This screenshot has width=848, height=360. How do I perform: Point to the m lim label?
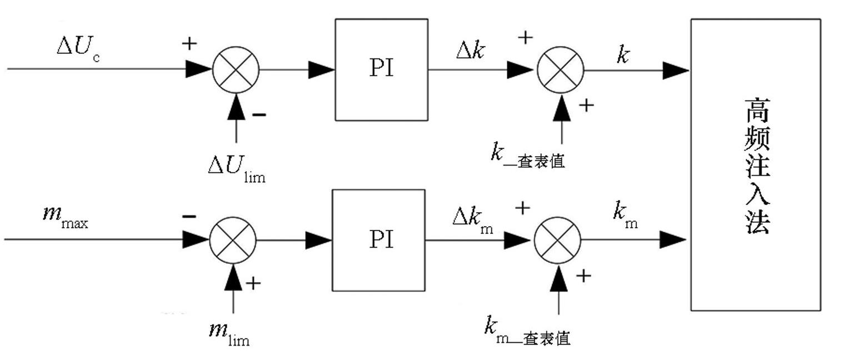click(x=228, y=332)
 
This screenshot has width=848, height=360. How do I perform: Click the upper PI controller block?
click(x=381, y=69)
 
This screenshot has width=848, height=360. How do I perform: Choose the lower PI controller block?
click(x=378, y=240)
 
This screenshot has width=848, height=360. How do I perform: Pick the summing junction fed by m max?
click(x=233, y=240)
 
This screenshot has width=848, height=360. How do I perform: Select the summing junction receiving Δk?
click(x=561, y=71)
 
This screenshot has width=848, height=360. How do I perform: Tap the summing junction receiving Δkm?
click(x=557, y=240)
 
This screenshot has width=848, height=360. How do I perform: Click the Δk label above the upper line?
click(x=471, y=51)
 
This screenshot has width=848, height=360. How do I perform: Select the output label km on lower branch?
click(x=625, y=215)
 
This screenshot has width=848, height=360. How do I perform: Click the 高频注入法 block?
click(x=755, y=165)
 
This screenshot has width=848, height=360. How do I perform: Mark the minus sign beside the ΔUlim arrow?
click(x=259, y=114)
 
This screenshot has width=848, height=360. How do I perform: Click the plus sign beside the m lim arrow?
click(x=253, y=283)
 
